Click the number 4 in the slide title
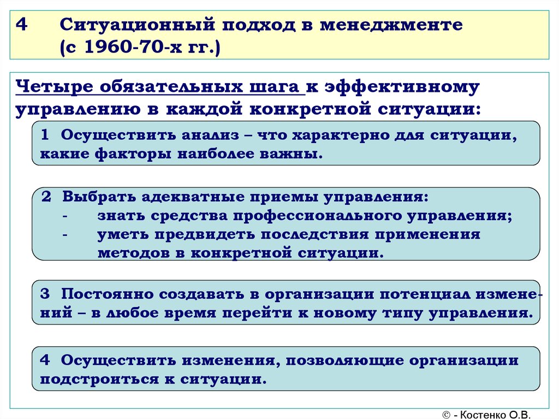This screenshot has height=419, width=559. (x=22, y=25)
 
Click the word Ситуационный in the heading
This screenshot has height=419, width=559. (x=138, y=25)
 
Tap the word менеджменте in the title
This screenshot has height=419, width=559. (x=391, y=25)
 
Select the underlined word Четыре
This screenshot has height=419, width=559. (x=54, y=87)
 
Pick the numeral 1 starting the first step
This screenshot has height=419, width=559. (x=45, y=135)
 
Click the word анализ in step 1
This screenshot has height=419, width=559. (x=210, y=135)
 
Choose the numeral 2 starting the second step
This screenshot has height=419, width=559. (x=46, y=197)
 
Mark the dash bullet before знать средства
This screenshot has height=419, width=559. (x=65, y=216)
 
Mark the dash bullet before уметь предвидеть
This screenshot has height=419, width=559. (x=65, y=235)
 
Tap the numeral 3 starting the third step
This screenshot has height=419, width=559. (x=45, y=294)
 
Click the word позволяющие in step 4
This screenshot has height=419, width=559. (x=345, y=361)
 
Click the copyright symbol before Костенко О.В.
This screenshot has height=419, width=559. (x=447, y=415)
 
